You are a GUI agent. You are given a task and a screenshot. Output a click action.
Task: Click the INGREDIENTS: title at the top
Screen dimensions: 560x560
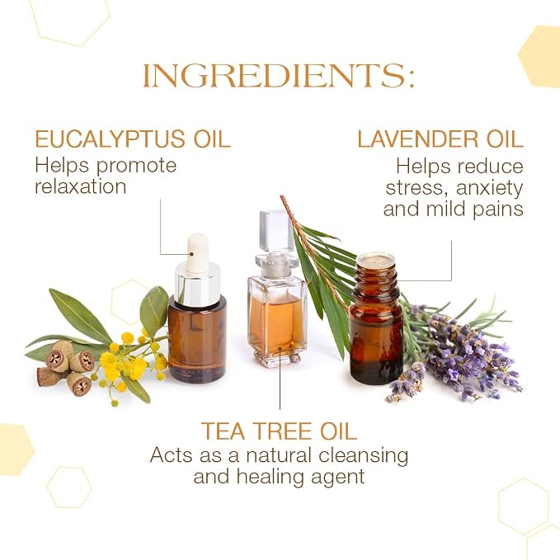(x=279, y=76)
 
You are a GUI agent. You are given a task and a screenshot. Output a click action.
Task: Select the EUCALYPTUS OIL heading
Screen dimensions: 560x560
(x=133, y=139)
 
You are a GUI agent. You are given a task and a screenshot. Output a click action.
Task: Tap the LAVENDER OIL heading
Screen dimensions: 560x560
(x=440, y=139)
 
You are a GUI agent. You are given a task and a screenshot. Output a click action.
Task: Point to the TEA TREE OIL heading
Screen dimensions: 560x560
(x=279, y=431)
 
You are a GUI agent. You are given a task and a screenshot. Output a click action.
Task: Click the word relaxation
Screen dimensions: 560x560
(x=81, y=186)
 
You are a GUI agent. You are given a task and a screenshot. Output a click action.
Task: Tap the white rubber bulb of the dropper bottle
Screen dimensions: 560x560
(x=197, y=252)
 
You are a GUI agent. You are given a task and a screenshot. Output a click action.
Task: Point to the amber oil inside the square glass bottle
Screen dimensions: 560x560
(x=277, y=324)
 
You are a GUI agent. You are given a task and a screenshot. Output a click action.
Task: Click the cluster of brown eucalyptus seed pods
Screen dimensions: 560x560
(x=66, y=367)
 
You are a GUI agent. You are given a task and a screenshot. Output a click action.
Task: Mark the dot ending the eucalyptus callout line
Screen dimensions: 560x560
(x=191, y=254)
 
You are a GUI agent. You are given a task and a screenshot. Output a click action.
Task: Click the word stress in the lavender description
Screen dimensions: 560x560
(x=415, y=188)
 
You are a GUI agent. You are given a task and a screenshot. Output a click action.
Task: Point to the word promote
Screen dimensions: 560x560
(x=136, y=166)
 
